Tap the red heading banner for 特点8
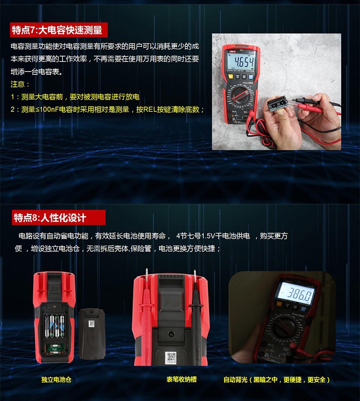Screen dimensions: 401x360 (50, 217)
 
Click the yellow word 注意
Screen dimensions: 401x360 (20, 84)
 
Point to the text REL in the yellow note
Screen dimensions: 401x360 (150, 109)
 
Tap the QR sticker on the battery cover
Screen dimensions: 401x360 (91, 324)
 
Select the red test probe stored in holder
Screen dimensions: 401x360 (147, 310)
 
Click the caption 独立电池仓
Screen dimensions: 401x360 (57, 380)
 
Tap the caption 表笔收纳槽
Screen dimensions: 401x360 (181, 379)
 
